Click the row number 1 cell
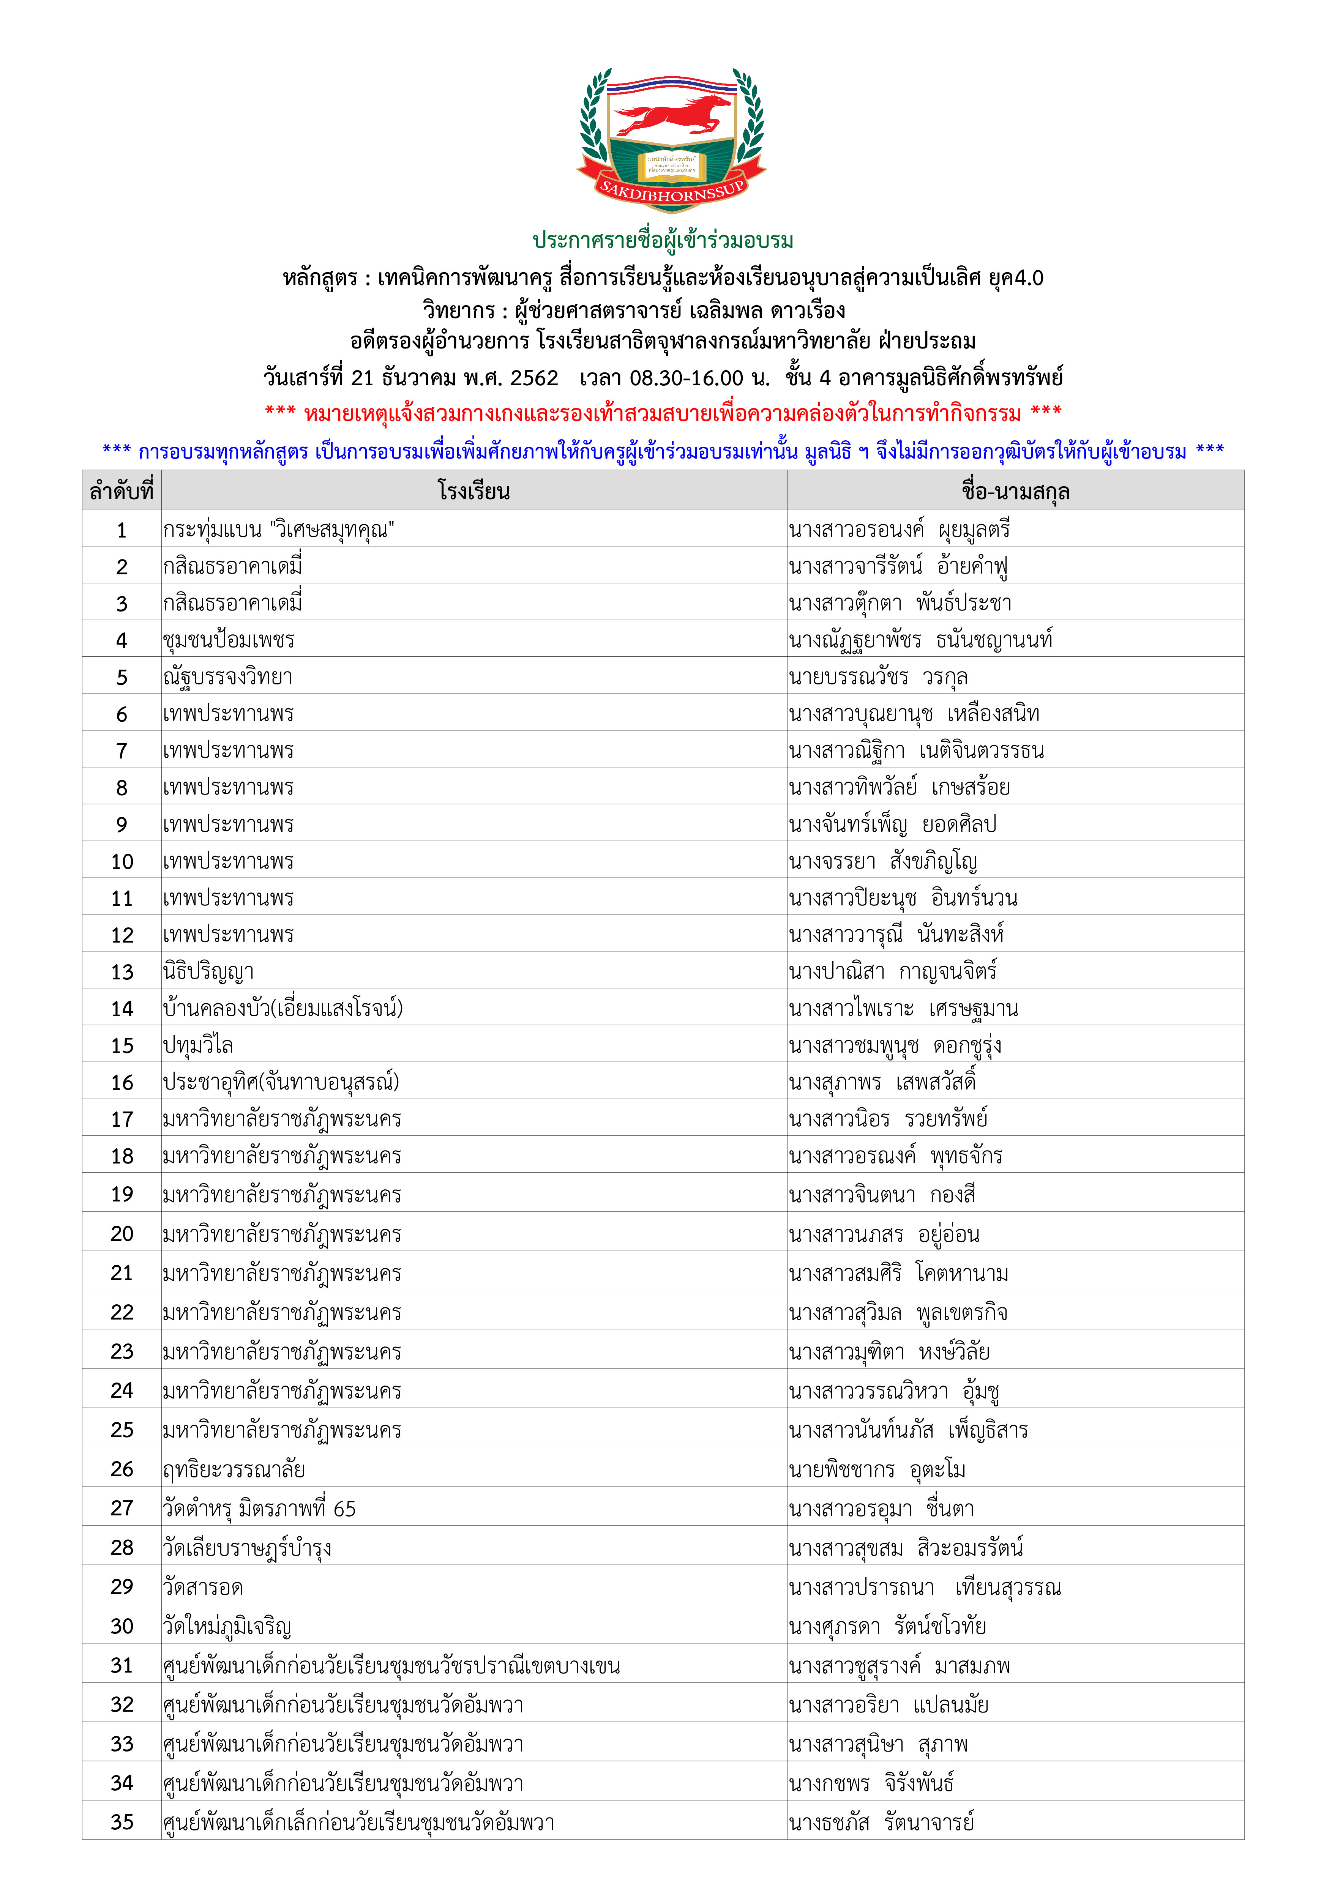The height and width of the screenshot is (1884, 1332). pos(122,529)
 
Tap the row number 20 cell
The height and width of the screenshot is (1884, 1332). pos(122,1233)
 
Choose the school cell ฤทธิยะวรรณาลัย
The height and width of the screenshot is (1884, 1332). pos(234,1469)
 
